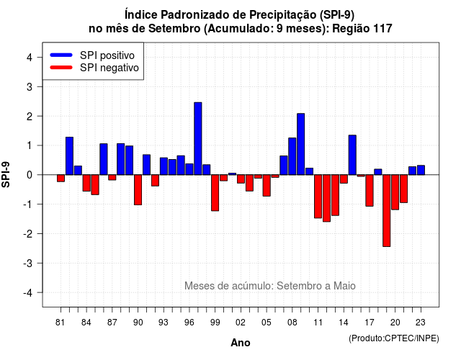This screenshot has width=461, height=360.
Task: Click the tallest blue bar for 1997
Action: pos(198,138)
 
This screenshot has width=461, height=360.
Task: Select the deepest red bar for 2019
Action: pos(387,210)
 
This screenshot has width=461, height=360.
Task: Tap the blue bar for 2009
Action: pos(301,144)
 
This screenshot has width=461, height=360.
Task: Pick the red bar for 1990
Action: pos(138,190)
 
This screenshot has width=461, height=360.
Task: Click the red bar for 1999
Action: pos(215,193)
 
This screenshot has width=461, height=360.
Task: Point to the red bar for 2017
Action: pos(370,190)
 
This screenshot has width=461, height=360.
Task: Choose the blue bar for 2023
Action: pos(421,170)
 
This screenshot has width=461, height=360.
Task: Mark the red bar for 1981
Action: pos(61,178)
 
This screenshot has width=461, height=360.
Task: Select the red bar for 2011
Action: pos(318,197)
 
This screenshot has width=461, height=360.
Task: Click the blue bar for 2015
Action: pos(352,155)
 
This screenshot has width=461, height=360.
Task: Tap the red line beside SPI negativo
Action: pos(61,68)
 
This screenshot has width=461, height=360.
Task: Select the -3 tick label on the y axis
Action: pos(28,263)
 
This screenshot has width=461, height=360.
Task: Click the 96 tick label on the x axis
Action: pos(189,323)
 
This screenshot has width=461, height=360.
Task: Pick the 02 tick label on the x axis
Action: pos(241,323)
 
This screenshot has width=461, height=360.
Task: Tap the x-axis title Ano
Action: pos(241,343)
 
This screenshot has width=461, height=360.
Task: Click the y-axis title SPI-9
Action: pos(6,174)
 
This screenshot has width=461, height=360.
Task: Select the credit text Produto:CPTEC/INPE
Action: pos(394,338)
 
